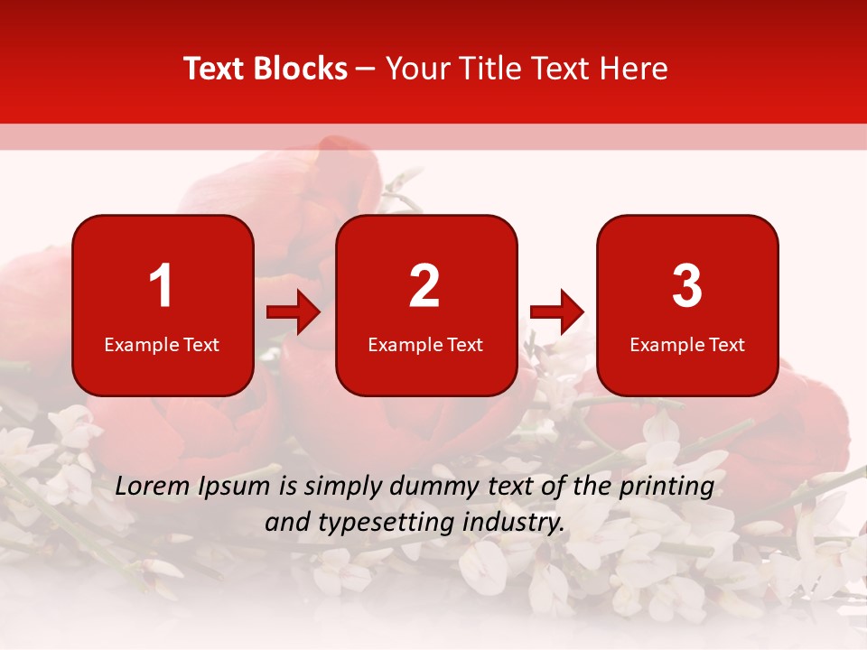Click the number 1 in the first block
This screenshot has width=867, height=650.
(x=161, y=286)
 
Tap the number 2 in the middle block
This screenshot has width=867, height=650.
(x=424, y=286)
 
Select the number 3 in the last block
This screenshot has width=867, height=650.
(x=687, y=286)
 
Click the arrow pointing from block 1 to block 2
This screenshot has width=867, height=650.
(x=294, y=312)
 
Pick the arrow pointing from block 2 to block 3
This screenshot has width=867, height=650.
(x=557, y=312)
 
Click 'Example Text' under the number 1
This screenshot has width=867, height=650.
(x=162, y=345)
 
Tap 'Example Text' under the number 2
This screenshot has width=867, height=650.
(x=425, y=345)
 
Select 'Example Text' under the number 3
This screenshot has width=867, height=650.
(x=687, y=345)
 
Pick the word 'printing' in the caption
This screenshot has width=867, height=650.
(x=667, y=487)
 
